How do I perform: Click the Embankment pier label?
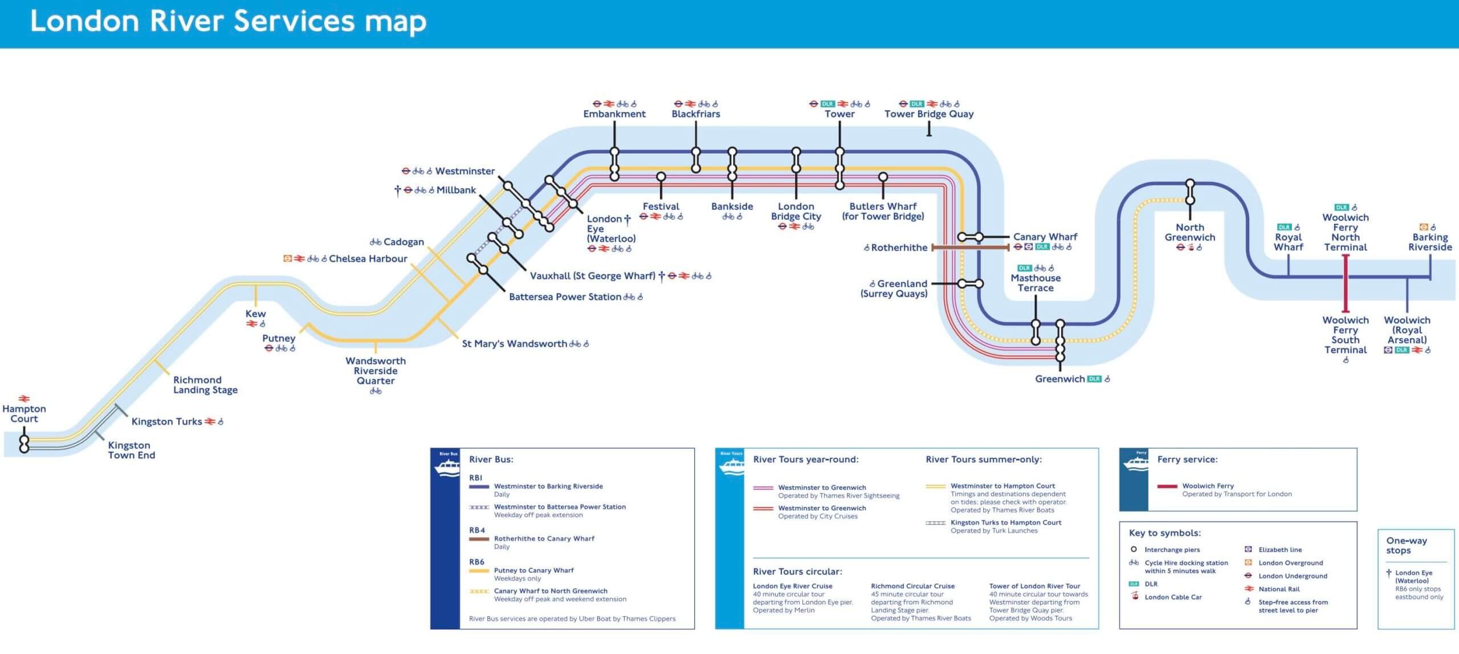point(614,114)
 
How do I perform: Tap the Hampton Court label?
point(24,413)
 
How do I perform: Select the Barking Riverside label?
point(1430,242)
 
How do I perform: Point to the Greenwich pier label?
point(1059,379)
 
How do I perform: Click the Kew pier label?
point(255,314)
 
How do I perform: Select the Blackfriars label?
point(696,114)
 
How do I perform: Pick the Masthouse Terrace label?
point(1036,283)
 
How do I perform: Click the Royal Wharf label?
point(1289,242)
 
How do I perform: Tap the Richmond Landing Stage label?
point(205,385)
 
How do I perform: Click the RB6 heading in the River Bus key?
point(476,562)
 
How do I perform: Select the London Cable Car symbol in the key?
point(1135,596)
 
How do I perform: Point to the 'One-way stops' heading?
point(1406,545)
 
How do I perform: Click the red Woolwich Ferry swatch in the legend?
point(1167,486)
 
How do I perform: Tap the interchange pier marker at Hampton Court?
point(24,444)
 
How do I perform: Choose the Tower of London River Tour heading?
point(1034,586)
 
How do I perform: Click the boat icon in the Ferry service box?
point(1134,462)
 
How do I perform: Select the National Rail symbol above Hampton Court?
point(24,399)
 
